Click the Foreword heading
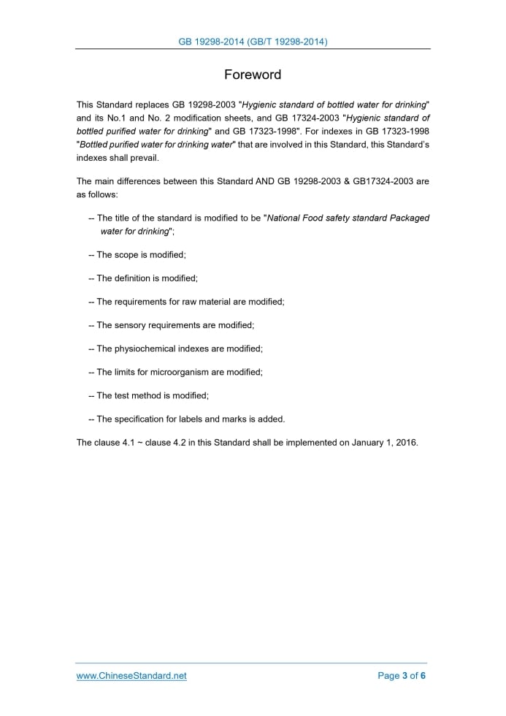pyautogui.click(x=253, y=75)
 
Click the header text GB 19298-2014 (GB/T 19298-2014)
pyautogui.click(x=253, y=42)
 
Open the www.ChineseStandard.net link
pyautogui.click(x=131, y=676)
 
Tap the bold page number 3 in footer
pyautogui.click(x=405, y=676)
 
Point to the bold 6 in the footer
pyautogui.click(x=423, y=676)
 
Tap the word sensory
pyautogui.click(x=134, y=325)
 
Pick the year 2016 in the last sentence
pyautogui.click(x=405, y=442)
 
